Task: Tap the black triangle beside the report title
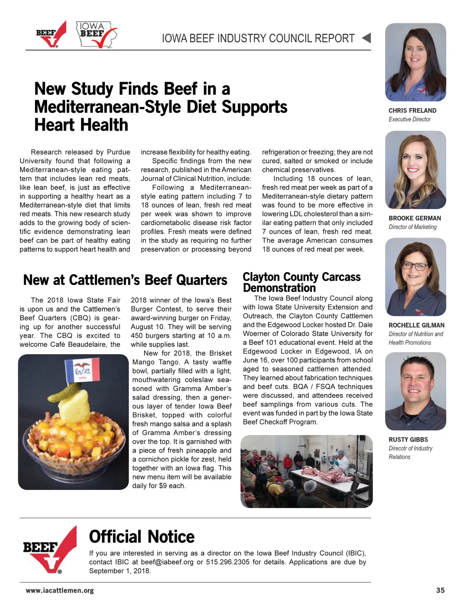[x=367, y=38]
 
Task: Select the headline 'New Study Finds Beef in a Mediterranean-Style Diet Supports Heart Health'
[x=160, y=107]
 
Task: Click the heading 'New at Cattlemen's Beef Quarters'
[x=125, y=280]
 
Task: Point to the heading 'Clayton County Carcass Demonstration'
[x=301, y=282]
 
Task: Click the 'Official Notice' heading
[x=142, y=537]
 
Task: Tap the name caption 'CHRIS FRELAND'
[x=412, y=111]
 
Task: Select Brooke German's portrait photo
[x=416, y=170]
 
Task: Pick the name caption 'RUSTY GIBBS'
[x=408, y=440]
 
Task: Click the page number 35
[x=440, y=590]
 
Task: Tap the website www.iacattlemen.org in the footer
[x=60, y=591]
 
